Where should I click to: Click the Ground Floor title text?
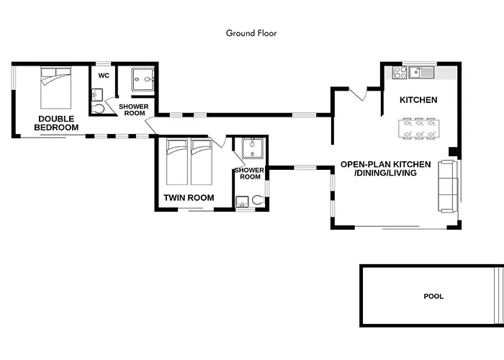[x=251, y=33]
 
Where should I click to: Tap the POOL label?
[x=433, y=297]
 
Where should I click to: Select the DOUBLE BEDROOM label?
[x=56, y=123]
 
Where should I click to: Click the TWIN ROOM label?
[x=189, y=198]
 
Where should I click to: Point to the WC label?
[x=104, y=76]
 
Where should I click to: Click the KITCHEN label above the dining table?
[x=418, y=100]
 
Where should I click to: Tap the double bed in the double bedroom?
[x=55, y=88]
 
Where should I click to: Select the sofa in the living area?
[x=447, y=186]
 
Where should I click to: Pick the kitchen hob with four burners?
[x=400, y=73]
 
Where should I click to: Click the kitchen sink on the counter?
[x=421, y=72]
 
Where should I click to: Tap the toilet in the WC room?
[x=98, y=109]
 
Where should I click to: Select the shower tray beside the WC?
[x=143, y=79]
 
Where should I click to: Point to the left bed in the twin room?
[x=177, y=162]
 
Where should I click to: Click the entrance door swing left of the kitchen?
[x=358, y=94]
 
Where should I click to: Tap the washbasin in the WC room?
[x=96, y=95]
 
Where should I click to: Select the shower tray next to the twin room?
[x=252, y=148]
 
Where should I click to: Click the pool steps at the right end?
[x=499, y=296]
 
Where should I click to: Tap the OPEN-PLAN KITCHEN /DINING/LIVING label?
[x=385, y=168]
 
